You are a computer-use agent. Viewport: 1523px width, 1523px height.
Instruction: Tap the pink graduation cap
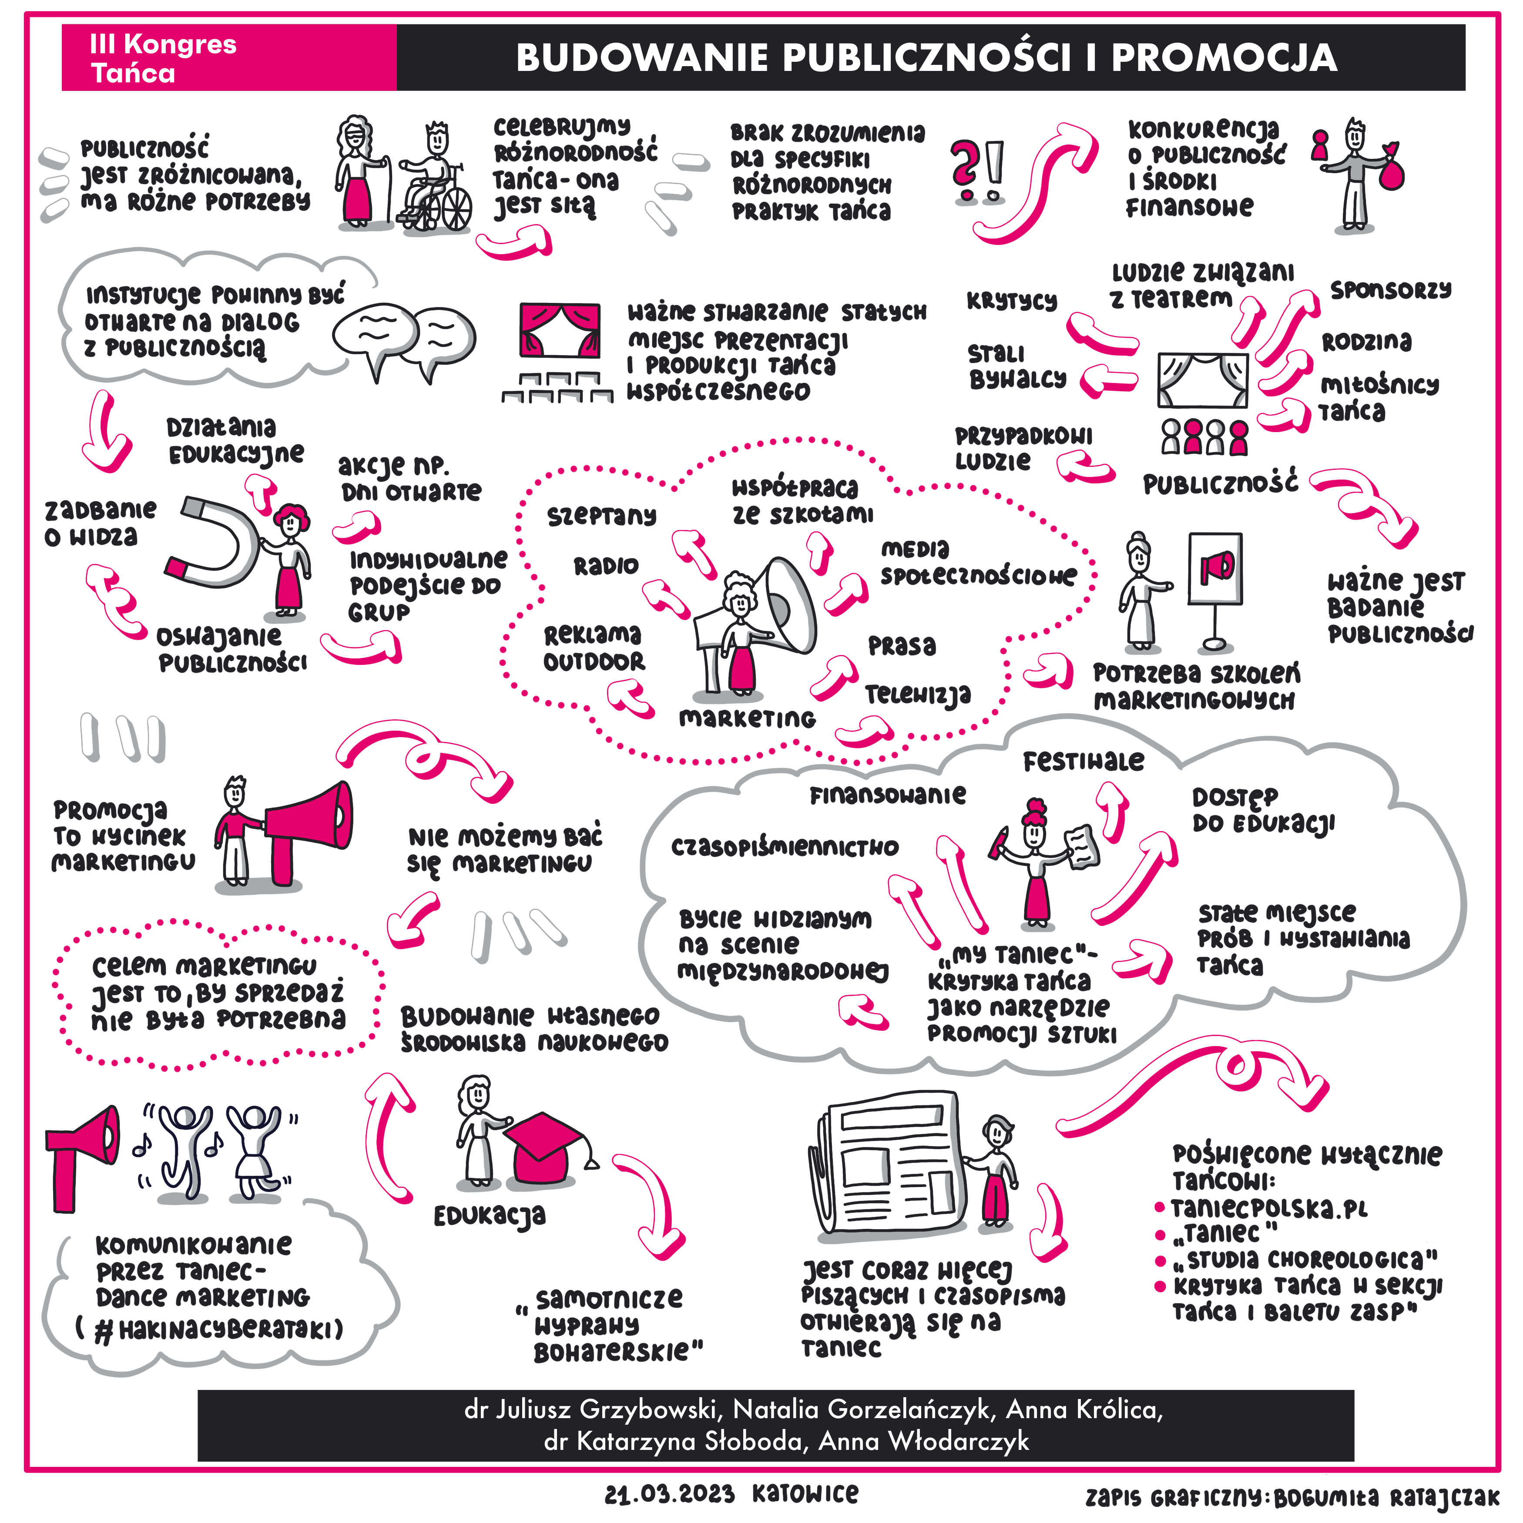tap(544, 1147)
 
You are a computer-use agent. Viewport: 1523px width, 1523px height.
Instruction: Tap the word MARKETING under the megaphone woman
tap(747, 718)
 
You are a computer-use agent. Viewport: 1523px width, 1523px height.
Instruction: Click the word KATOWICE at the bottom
tap(805, 1494)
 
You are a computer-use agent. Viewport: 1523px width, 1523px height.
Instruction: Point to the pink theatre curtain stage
tap(560, 329)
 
